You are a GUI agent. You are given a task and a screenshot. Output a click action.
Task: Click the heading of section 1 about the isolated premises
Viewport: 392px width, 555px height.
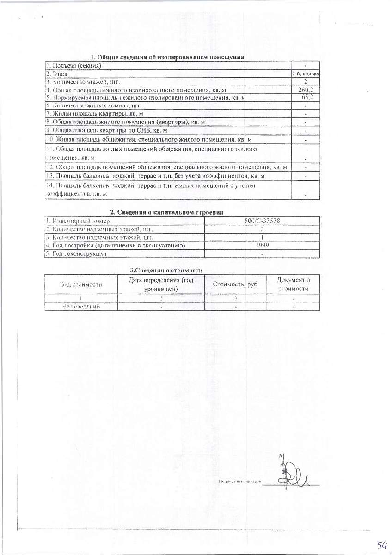(167, 57)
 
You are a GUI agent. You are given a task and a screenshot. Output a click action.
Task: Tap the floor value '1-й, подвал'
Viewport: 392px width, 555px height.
(306, 74)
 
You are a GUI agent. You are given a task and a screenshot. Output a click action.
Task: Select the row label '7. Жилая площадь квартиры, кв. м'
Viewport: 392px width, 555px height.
(94, 114)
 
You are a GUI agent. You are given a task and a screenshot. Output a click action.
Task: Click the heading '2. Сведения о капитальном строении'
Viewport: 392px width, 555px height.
(167, 212)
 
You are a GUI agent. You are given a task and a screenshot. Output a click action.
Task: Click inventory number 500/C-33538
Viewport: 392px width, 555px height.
(262, 221)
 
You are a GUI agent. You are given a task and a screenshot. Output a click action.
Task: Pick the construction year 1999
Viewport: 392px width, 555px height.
(262, 246)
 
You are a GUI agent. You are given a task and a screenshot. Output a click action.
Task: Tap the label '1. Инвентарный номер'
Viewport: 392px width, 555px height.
(77, 221)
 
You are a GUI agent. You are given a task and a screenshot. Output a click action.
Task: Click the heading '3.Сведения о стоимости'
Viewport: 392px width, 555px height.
(166, 270)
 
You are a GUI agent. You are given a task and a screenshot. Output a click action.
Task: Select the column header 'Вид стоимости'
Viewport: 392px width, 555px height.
(81, 284)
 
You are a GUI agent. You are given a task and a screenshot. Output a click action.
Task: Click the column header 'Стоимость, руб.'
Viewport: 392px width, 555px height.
(235, 284)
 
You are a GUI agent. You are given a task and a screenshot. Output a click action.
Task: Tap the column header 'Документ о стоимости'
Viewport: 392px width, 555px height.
(293, 284)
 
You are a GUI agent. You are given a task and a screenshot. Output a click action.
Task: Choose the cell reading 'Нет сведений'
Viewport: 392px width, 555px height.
(81, 306)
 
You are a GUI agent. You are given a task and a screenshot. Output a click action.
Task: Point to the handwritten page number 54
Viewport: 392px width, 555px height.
(381, 545)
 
